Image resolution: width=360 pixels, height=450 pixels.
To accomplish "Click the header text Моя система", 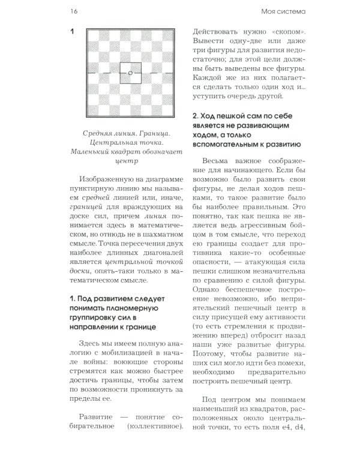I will coord(284,10).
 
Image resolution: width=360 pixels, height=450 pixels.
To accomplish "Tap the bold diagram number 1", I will coord(72,31).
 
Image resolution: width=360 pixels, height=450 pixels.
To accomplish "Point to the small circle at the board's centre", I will coord(130,73).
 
